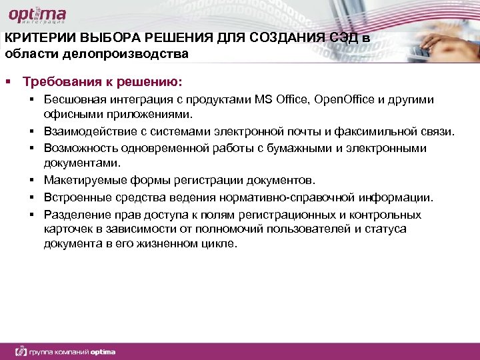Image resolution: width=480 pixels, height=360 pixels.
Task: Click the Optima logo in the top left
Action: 37,15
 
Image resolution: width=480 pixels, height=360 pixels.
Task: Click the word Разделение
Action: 75,215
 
